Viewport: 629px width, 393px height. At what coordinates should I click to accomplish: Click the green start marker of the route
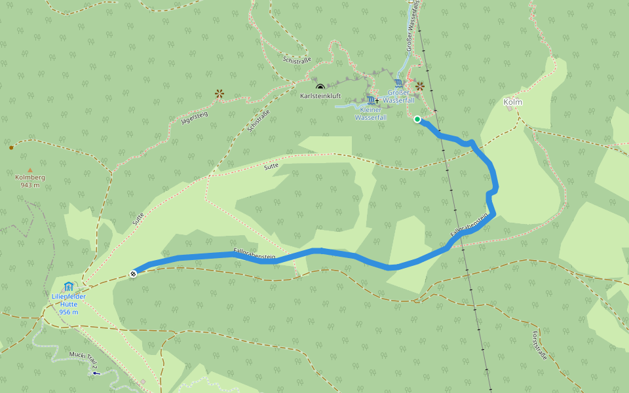[417, 119]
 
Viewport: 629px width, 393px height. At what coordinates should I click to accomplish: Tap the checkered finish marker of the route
[133, 274]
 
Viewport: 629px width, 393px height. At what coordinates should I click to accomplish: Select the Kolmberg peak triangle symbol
[29, 170]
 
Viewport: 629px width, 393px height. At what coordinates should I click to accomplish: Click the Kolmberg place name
[29, 178]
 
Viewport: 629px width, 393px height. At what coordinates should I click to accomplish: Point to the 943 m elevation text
[29, 185]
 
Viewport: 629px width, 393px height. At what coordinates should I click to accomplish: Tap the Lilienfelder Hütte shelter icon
[69, 286]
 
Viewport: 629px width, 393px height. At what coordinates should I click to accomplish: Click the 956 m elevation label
[69, 312]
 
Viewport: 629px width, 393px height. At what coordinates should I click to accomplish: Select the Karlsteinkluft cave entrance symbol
[320, 87]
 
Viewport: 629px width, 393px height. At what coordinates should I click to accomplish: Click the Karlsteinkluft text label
[320, 96]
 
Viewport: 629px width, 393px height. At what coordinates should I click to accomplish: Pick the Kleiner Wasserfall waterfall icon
[372, 100]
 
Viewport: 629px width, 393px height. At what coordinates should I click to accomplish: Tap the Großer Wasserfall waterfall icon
[399, 83]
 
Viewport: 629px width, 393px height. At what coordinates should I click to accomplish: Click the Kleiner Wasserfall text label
[370, 114]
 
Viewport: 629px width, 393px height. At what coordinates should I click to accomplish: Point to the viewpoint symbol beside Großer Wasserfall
[420, 86]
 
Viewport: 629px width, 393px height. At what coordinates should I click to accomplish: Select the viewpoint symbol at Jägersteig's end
[219, 94]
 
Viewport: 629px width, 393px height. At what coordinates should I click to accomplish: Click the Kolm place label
[512, 102]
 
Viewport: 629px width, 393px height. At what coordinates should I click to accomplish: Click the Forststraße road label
[539, 346]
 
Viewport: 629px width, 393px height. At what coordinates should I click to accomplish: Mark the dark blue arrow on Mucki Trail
[97, 373]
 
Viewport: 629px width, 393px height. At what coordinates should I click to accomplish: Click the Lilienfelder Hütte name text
[69, 300]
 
